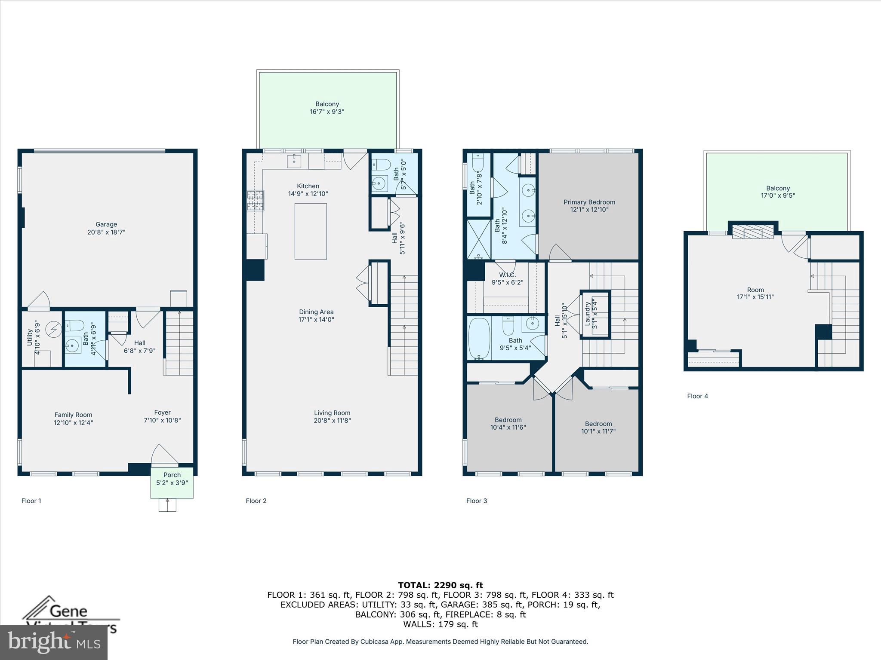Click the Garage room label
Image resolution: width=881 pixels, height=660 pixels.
click(x=106, y=228)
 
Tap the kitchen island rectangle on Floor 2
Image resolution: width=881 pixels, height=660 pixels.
click(x=310, y=231)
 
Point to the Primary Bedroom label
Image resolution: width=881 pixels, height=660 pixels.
click(x=589, y=206)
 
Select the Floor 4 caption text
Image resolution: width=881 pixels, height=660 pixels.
click(x=697, y=396)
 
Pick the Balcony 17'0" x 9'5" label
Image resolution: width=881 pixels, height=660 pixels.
click(x=778, y=192)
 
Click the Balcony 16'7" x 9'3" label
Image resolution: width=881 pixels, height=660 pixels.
click(x=327, y=108)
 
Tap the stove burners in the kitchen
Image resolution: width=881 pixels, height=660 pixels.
click(x=255, y=201)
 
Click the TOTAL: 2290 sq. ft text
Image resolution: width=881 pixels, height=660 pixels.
click(x=440, y=585)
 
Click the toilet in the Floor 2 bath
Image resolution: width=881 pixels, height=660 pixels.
click(x=380, y=164)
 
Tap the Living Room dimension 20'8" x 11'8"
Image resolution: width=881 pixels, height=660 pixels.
click(x=332, y=420)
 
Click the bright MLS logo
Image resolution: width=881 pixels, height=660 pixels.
click(x=53, y=642)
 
